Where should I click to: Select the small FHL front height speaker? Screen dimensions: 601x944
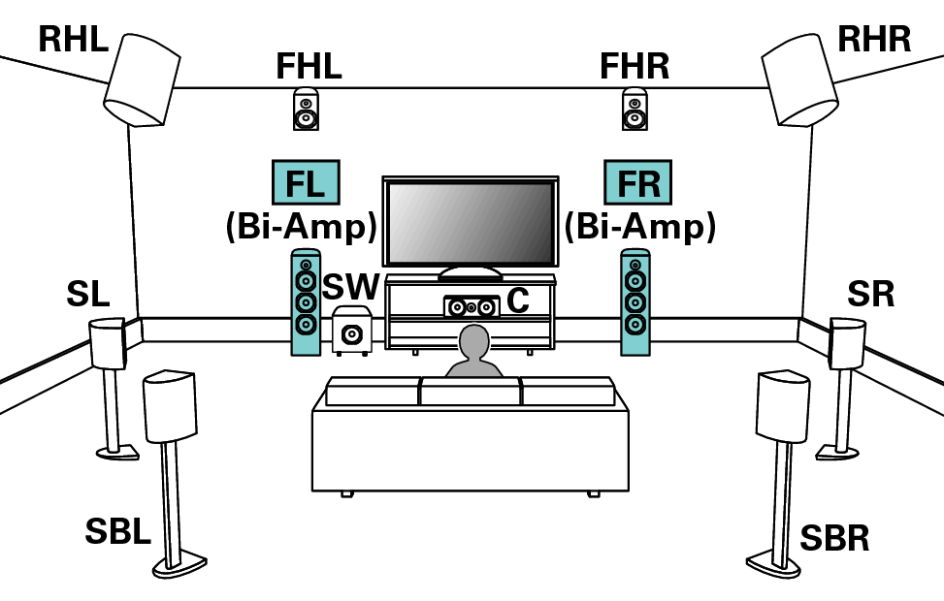pyautogui.click(x=306, y=109)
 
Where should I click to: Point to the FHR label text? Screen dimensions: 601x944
pyautogui.click(x=634, y=66)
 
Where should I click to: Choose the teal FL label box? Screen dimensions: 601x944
pyautogui.click(x=305, y=182)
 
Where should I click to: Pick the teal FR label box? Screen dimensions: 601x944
pyautogui.click(x=637, y=182)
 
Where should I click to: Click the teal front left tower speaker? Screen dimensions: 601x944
pyautogui.click(x=306, y=302)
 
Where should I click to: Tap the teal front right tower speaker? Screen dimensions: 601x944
pyautogui.click(x=635, y=302)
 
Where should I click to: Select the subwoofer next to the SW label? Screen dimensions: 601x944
pyautogui.click(x=350, y=332)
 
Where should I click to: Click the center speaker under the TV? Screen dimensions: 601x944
pyautogui.click(x=471, y=307)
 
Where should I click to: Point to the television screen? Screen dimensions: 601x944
pyautogui.click(x=470, y=221)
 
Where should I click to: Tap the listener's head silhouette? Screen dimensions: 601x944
pyautogui.click(x=473, y=342)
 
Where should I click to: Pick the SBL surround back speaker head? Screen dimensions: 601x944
pyautogui.click(x=170, y=405)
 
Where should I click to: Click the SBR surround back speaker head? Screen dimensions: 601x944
pyautogui.click(x=783, y=404)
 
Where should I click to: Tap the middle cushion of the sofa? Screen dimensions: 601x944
pyautogui.click(x=470, y=393)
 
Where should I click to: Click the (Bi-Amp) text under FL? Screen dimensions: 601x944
pyautogui.click(x=301, y=227)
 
